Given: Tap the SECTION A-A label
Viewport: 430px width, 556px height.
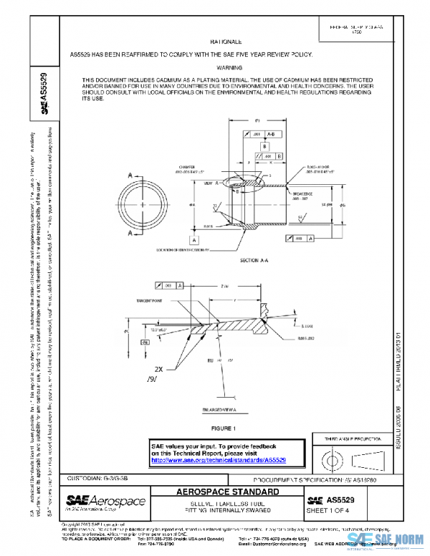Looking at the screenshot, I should pos(254,260).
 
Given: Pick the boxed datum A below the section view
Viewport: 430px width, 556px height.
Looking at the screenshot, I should pos(193,239).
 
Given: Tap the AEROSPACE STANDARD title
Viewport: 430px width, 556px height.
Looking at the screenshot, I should pos(228,493).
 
